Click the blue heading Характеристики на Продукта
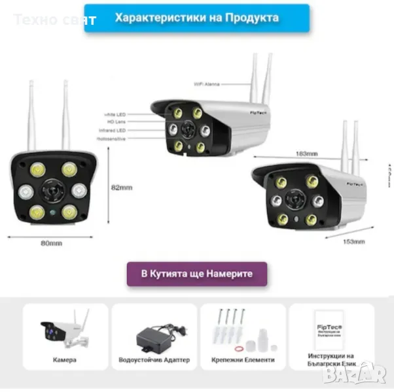coord(196,18)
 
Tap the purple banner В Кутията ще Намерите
coord(197,274)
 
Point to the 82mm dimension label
coord(122,188)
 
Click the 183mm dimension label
coord(307,154)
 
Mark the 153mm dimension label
coord(353,242)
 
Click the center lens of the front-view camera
coord(50,191)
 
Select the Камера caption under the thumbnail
coord(65,359)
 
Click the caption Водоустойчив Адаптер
coord(154,359)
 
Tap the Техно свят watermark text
coord(55,20)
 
